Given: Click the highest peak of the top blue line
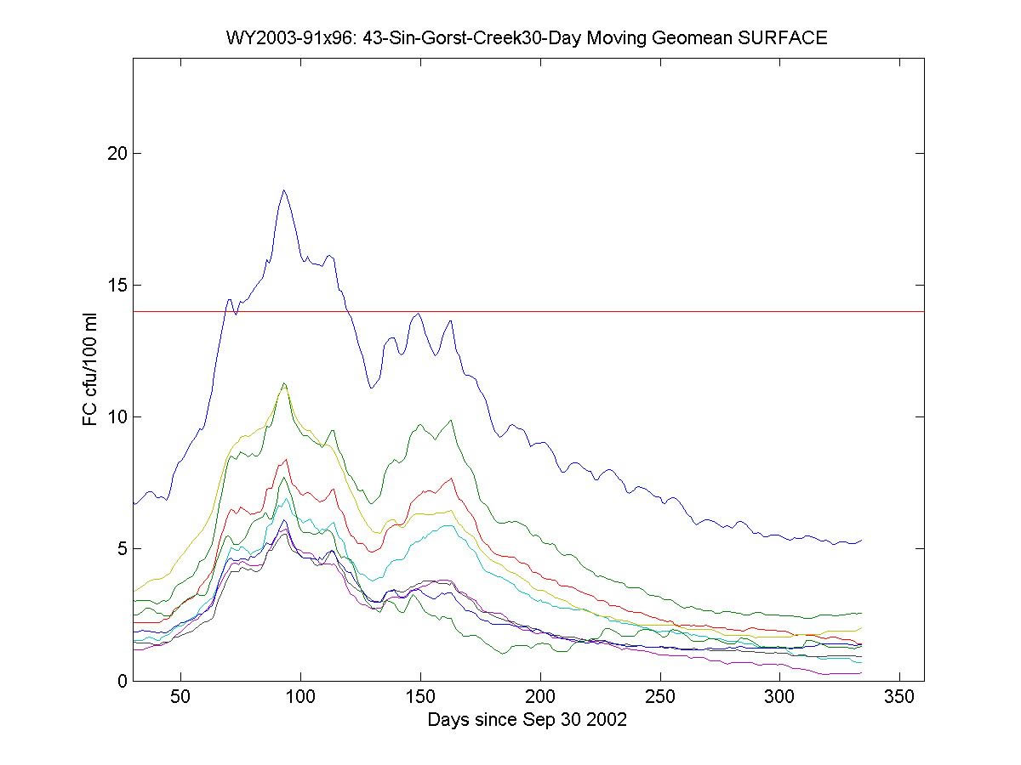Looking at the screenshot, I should pos(284,190).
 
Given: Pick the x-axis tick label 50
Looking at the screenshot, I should pos(180,698).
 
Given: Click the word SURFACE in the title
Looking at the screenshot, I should pos(787,38).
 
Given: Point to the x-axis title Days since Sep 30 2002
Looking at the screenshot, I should pos(528,719).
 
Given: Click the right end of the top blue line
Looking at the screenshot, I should pos(862,540).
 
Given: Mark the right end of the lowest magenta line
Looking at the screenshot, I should pos(862,672).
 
